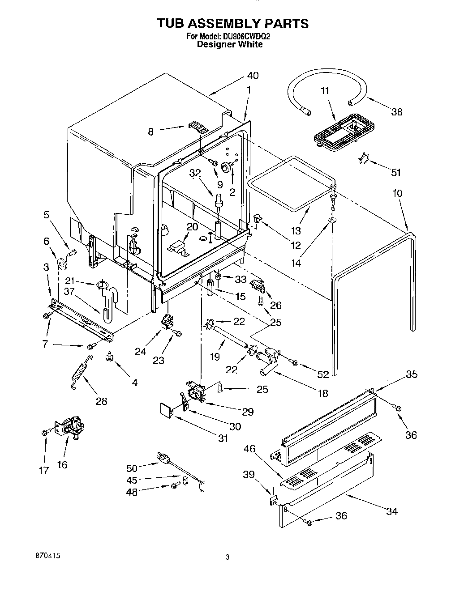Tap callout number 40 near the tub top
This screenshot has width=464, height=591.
click(253, 76)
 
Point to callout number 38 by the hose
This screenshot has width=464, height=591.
click(397, 112)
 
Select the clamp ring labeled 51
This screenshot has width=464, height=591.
click(365, 158)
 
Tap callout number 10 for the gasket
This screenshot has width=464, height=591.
click(397, 193)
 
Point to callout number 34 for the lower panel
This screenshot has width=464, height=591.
click(391, 511)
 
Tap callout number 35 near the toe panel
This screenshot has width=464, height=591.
click(411, 374)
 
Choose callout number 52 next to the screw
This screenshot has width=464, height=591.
click(323, 374)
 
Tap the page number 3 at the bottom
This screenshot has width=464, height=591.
click(228, 557)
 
